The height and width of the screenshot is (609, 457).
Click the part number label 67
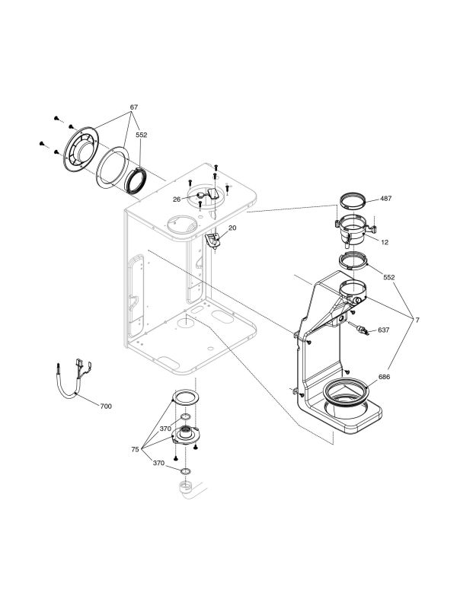click(x=134, y=107)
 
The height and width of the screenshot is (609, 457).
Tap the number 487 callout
click(x=385, y=198)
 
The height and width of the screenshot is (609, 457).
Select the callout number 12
click(x=385, y=242)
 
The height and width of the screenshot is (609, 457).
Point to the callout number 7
click(x=418, y=320)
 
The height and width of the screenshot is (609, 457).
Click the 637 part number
click(x=384, y=330)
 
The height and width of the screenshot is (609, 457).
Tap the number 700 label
click(x=106, y=407)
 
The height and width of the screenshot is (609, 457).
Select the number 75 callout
click(x=135, y=450)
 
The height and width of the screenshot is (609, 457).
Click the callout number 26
click(x=176, y=199)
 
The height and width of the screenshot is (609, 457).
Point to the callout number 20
click(x=232, y=228)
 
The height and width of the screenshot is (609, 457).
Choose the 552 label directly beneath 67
click(x=141, y=135)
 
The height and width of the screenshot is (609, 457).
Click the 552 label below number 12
click(x=390, y=278)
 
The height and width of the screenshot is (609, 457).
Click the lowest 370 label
click(x=158, y=463)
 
